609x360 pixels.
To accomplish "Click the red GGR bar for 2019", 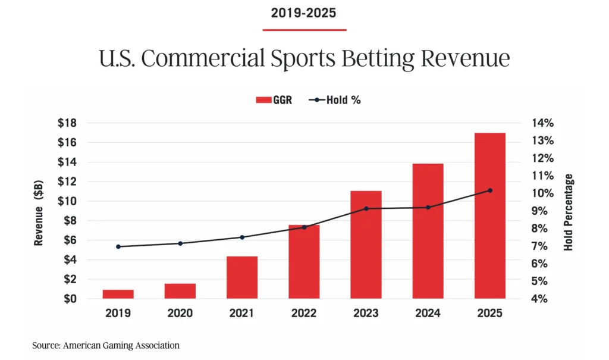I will coord(118,294).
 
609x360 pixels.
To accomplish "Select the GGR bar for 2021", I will coord(242,277).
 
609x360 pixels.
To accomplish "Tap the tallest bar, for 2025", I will coord(489,215).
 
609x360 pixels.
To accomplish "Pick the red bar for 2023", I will coord(366,245).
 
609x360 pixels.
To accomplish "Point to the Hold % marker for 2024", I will coord(428,207).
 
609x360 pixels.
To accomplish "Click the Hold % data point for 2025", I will coord(489,190).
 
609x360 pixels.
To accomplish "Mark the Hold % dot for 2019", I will coord(118,246).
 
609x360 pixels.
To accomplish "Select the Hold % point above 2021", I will coord(242,237).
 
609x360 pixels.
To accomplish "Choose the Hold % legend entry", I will coord(335,100).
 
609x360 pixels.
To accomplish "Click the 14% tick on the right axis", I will coord(542,123).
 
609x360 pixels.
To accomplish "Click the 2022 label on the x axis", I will coord(304,313).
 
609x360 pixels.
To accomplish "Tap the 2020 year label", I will coord(180,313).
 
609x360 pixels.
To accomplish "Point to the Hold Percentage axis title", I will coord(569,212).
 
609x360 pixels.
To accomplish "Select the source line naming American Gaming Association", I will coord(105,345).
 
